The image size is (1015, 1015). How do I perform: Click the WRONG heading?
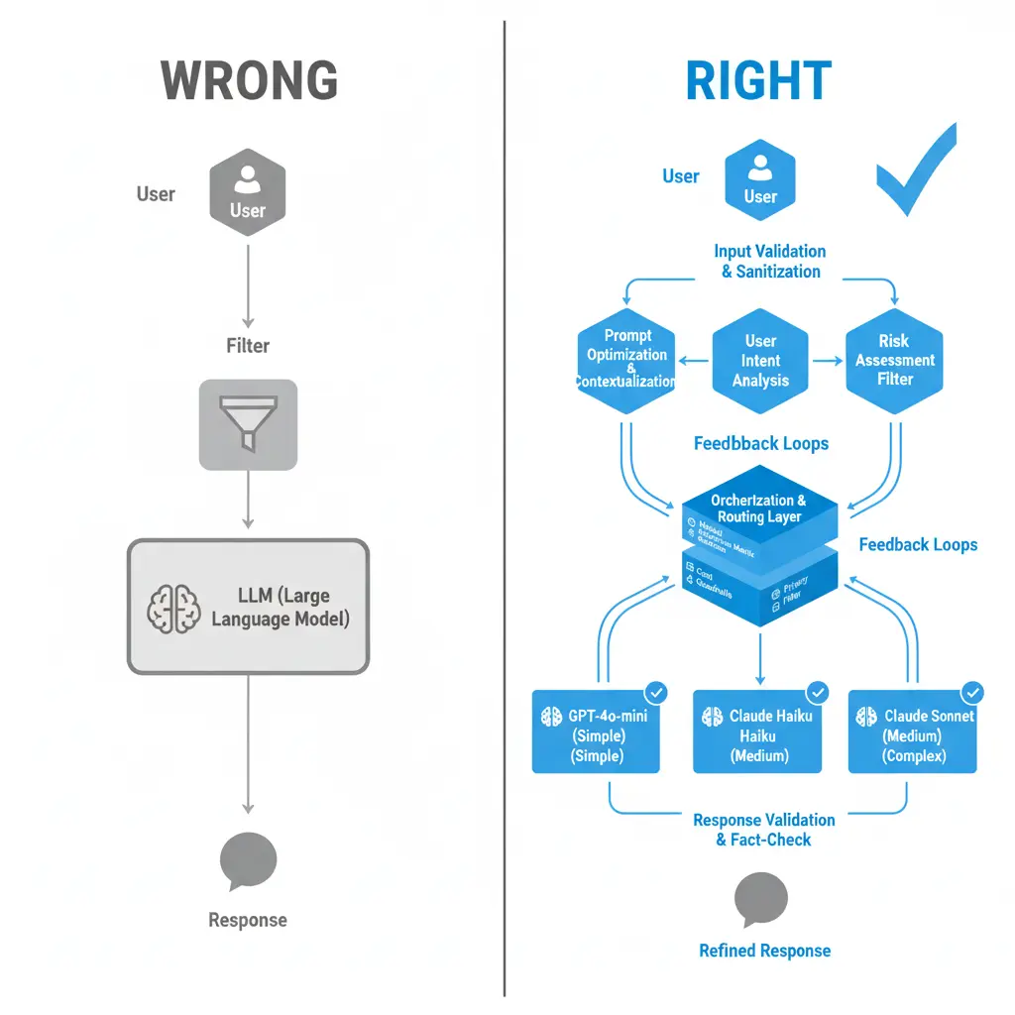point(248,80)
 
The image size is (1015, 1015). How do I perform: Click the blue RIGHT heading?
point(758,80)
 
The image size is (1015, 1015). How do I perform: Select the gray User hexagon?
point(248,192)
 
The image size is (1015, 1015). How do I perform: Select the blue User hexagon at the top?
point(760,178)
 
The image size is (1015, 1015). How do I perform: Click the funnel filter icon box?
point(248,424)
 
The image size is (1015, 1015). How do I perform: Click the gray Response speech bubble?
point(248,860)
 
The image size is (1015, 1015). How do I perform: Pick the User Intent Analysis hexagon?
point(760,361)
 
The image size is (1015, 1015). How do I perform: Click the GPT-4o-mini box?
point(596,732)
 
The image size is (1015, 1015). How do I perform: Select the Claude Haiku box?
point(757,732)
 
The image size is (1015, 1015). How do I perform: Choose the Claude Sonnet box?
point(913,732)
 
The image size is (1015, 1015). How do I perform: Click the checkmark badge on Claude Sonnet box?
point(972,693)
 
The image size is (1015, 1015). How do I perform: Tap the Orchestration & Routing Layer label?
point(759,508)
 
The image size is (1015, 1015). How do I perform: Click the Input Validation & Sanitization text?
point(770,261)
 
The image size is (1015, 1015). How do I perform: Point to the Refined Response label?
point(764,951)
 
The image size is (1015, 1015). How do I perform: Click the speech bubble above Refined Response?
point(760,900)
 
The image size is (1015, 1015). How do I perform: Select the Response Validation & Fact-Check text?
point(763,830)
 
